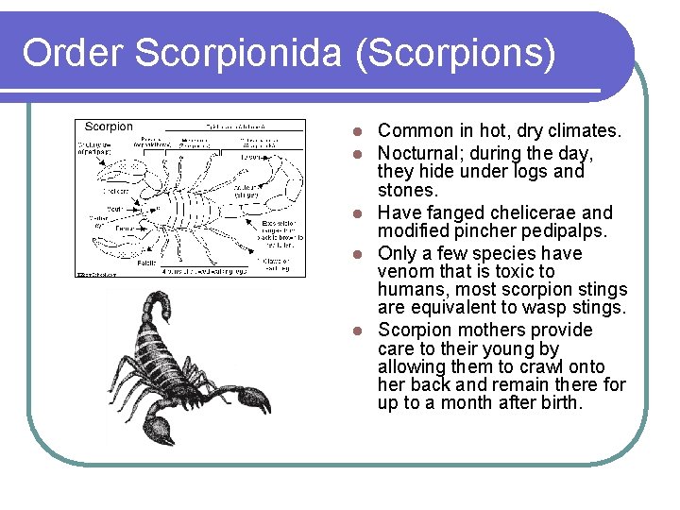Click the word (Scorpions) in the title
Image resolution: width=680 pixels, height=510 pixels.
click(x=455, y=54)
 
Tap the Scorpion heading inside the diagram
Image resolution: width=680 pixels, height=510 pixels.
click(x=110, y=127)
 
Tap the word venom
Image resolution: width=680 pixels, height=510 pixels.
click(x=406, y=272)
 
